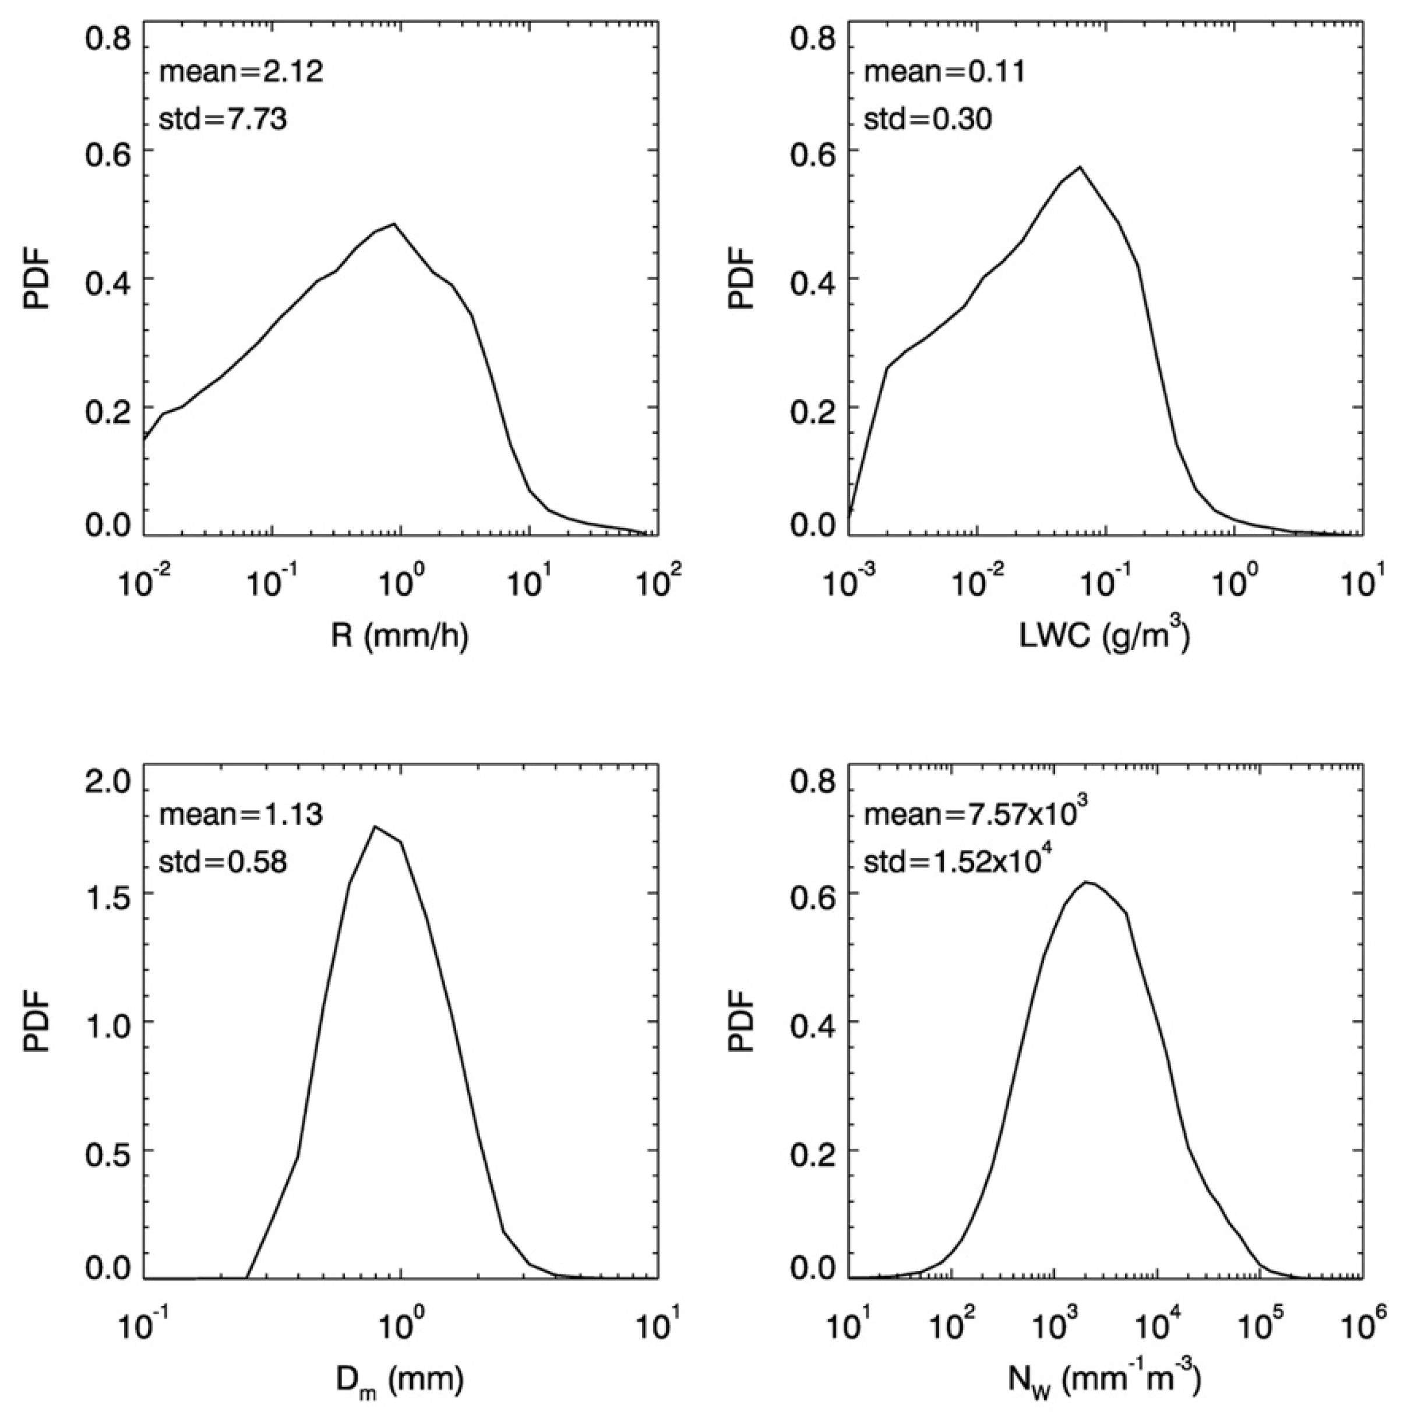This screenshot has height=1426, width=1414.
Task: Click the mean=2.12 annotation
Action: [x=241, y=73]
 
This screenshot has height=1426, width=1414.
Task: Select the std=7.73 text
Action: [x=223, y=119]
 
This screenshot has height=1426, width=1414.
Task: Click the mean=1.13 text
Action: [x=241, y=816]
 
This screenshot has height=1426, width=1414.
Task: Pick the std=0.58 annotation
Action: [x=223, y=862]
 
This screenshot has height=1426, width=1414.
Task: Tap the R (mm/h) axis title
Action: [x=400, y=636]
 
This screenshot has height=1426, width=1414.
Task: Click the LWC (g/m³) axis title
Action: [x=1104, y=635]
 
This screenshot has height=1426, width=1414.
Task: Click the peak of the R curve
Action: [x=395, y=224]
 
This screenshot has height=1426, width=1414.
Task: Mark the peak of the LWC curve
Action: [x=1080, y=167]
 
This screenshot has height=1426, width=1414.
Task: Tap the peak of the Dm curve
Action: [x=376, y=827]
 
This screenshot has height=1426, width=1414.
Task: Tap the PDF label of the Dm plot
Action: [x=36, y=1022]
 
